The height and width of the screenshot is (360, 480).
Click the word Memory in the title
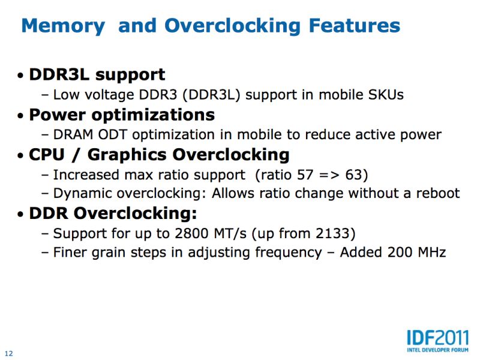tap(64, 26)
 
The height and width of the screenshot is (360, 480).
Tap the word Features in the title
tap(355, 25)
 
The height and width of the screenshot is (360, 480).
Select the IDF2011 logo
tap(438, 341)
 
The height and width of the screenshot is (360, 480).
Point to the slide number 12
tap(9, 353)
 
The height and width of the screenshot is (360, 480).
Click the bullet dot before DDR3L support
tap(20, 76)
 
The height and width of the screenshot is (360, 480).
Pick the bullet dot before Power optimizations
tap(20, 116)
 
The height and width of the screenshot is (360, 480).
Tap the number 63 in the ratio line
tap(353, 175)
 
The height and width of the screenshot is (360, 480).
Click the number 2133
tap(332, 233)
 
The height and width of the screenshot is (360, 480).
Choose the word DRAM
tap(73, 134)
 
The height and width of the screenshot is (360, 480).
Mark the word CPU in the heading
tap(47, 155)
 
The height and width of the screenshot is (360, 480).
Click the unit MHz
tap(432, 253)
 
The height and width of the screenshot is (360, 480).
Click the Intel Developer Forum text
tap(438, 350)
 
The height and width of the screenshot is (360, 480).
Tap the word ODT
tap(112, 134)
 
